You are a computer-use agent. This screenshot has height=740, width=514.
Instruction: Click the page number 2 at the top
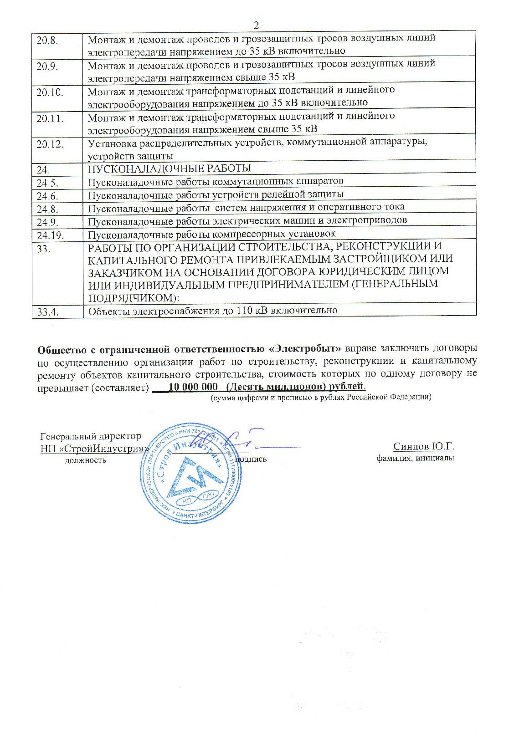[x=256, y=25]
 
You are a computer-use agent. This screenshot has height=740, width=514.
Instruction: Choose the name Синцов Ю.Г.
[x=424, y=446]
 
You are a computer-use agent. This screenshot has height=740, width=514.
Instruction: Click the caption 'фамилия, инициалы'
[x=415, y=458]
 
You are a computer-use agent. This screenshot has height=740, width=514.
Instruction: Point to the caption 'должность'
[x=86, y=460]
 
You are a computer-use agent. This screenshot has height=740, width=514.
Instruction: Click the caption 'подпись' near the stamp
[x=251, y=459]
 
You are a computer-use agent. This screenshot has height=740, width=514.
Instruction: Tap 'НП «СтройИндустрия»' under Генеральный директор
[x=95, y=449]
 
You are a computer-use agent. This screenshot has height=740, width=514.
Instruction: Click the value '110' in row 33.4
[x=245, y=311]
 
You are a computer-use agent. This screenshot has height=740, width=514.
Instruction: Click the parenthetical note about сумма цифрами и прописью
[x=320, y=397]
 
